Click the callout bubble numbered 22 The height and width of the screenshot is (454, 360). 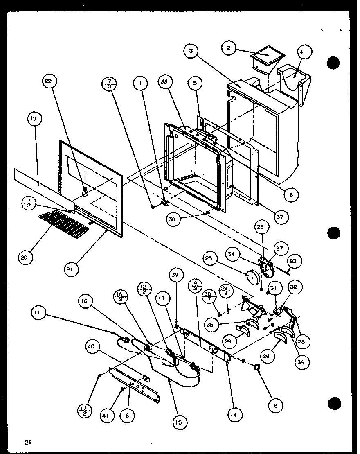tap(48, 81)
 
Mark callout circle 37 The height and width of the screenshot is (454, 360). tap(281, 216)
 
